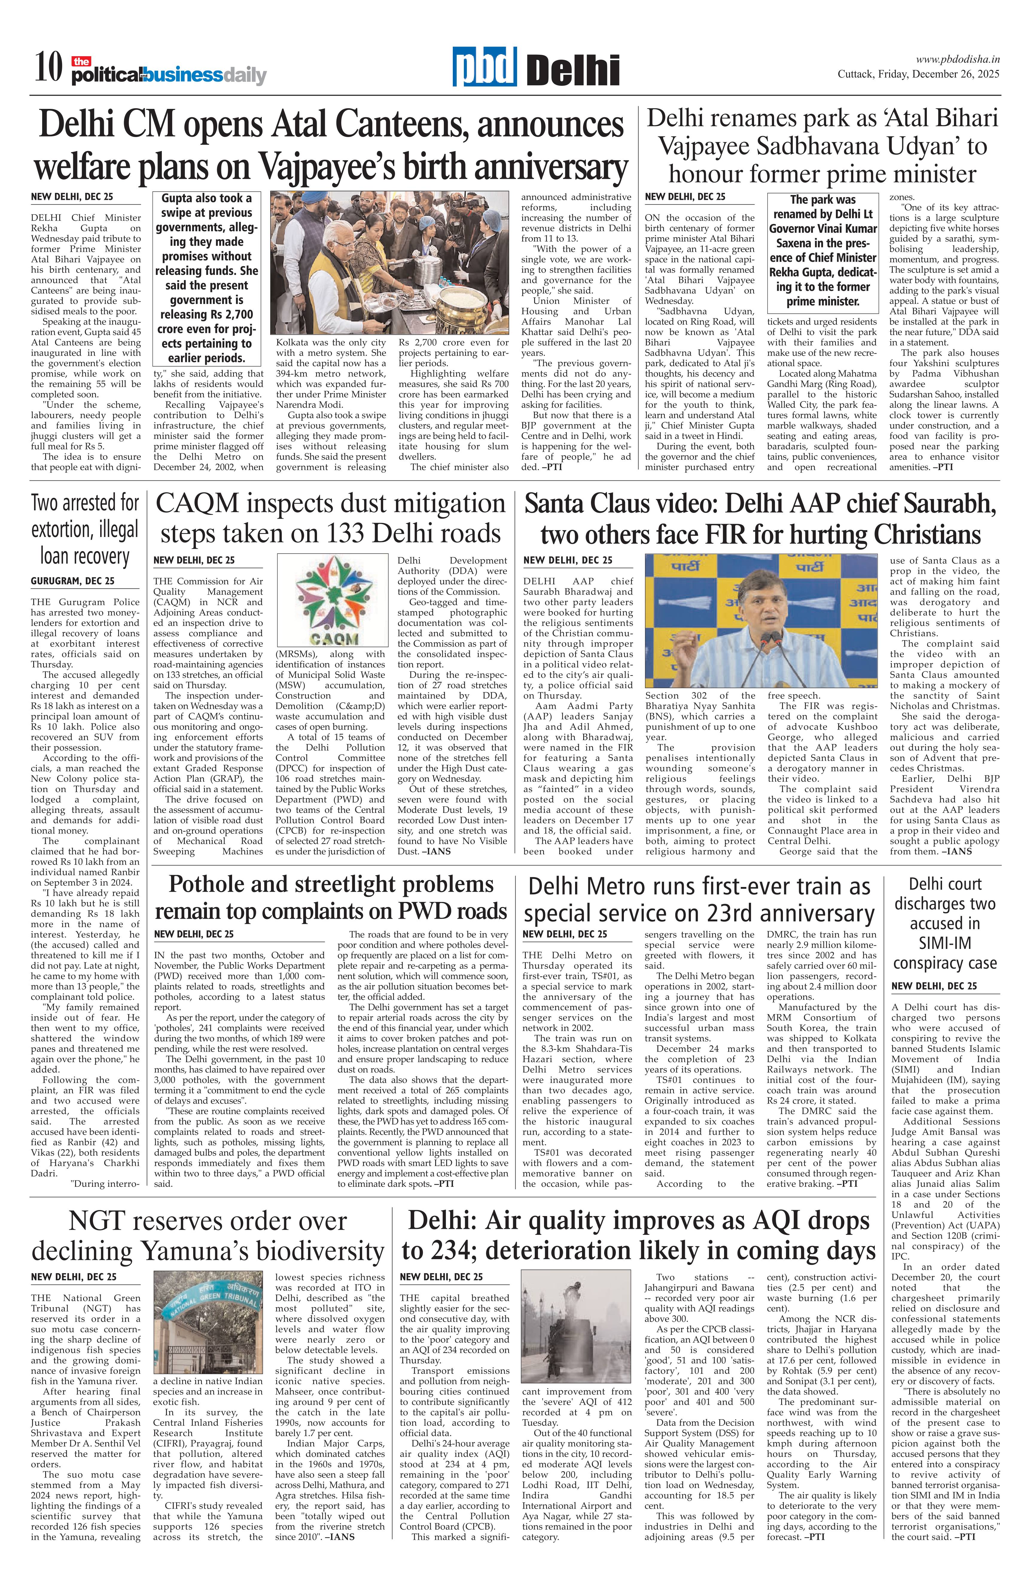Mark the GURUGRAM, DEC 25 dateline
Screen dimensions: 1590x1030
72,581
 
